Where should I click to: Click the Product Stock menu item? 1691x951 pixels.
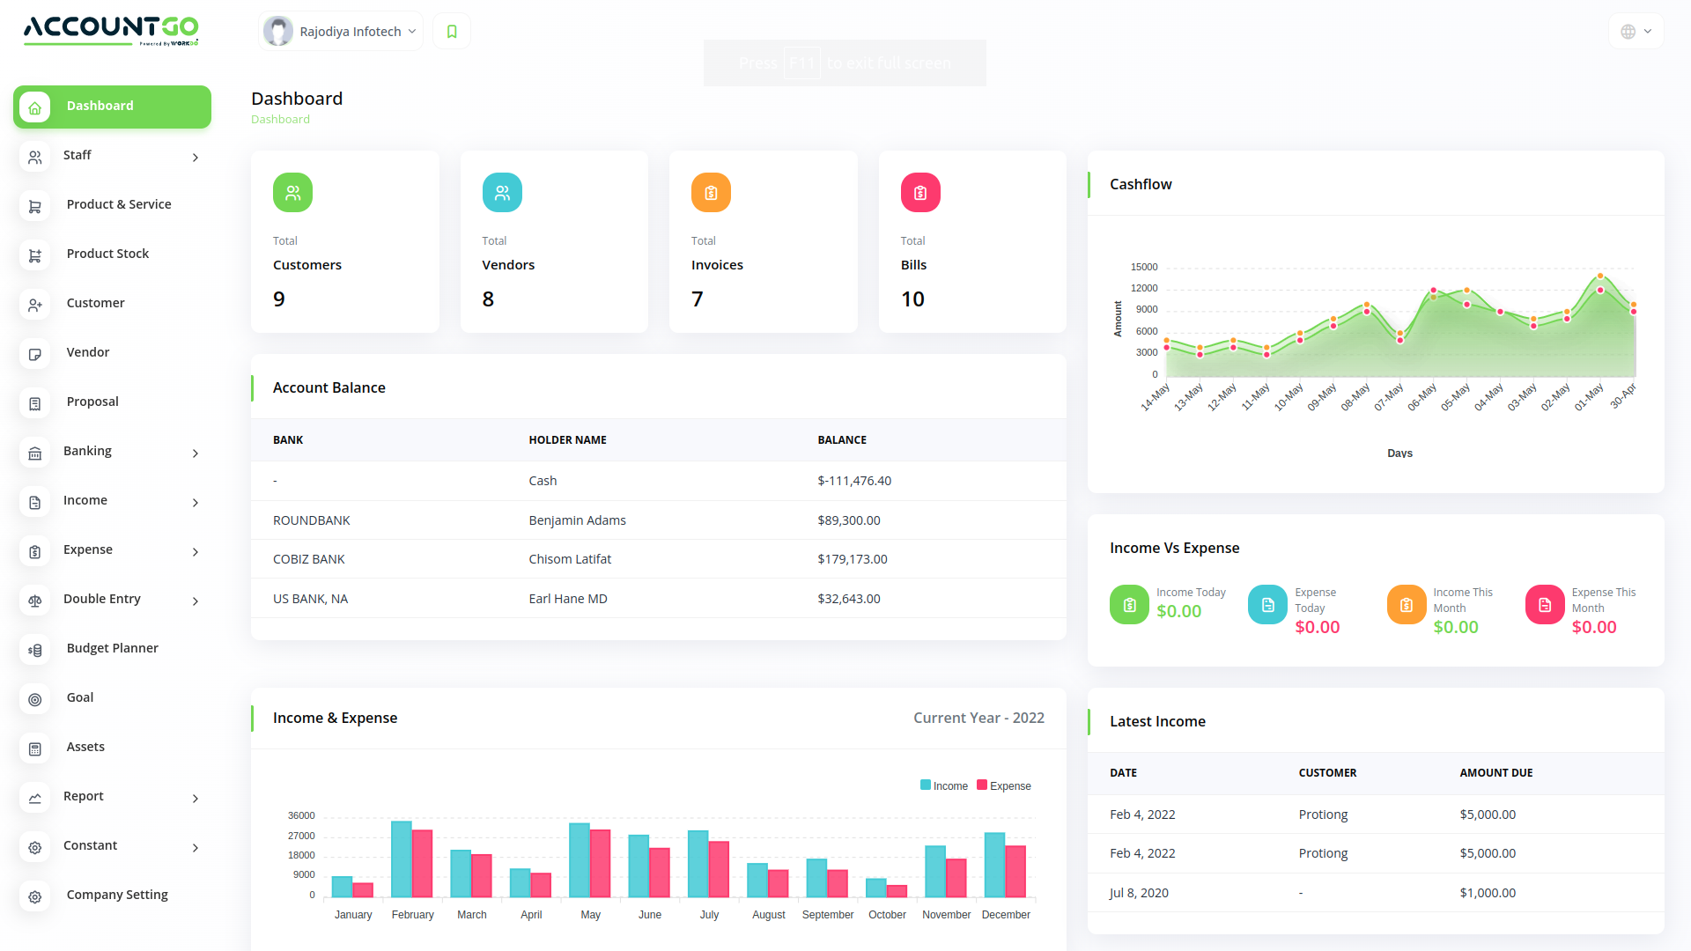(x=107, y=254)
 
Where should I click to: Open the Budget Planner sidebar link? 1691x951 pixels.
(x=112, y=648)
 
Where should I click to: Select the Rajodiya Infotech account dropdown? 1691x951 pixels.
(x=342, y=32)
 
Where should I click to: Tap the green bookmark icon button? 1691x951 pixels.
(x=452, y=32)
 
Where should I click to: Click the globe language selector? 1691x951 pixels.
(x=1636, y=32)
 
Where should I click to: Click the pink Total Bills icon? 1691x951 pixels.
(x=919, y=193)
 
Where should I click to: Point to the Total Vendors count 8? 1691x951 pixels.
(x=488, y=299)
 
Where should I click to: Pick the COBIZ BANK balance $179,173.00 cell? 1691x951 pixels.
(x=852, y=559)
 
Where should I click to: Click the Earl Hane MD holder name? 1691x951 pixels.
(x=567, y=599)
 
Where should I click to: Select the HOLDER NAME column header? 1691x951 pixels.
(x=567, y=440)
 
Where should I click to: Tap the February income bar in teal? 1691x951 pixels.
(x=401, y=859)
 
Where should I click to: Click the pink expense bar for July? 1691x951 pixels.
(x=719, y=869)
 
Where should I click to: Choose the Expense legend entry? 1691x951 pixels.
(x=1004, y=785)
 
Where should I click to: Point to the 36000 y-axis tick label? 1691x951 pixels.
(x=301, y=815)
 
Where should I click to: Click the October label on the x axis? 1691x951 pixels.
(x=887, y=915)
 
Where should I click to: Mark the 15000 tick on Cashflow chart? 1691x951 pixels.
(x=1144, y=267)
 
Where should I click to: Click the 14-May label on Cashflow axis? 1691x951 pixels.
(x=1155, y=397)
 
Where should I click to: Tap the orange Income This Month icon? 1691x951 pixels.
(x=1406, y=605)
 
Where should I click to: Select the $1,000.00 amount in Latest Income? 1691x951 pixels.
(x=1487, y=893)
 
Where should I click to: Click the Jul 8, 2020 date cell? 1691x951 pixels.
(x=1139, y=893)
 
